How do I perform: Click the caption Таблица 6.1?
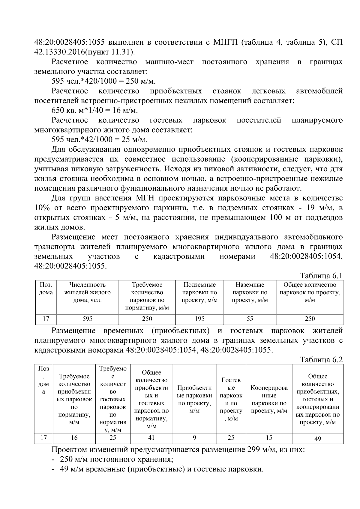tap(321, 276)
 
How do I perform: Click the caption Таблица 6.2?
tap(321, 360)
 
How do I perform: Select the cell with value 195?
tap(199, 319)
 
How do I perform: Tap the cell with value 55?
tap(250, 319)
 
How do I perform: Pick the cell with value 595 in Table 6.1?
tap(87, 319)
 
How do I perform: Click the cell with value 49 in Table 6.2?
tap(317, 439)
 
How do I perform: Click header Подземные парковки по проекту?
tap(199, 292)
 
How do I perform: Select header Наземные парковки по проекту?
tap(250, 292)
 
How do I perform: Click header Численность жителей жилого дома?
tap(87, 292)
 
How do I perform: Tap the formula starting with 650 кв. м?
tap(94, 110)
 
